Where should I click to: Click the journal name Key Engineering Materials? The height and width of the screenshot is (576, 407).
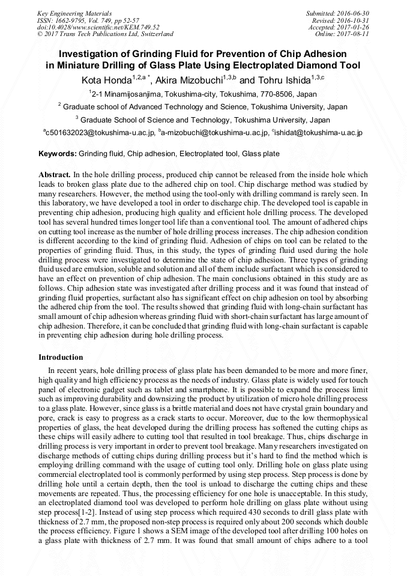[x=75, y=13]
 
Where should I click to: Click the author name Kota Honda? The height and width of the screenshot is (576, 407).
[x=106, y=80]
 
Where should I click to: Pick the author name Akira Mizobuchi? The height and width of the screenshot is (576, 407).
[x=189, y=80]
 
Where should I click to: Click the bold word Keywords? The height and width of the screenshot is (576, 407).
[x=58, y=154]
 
